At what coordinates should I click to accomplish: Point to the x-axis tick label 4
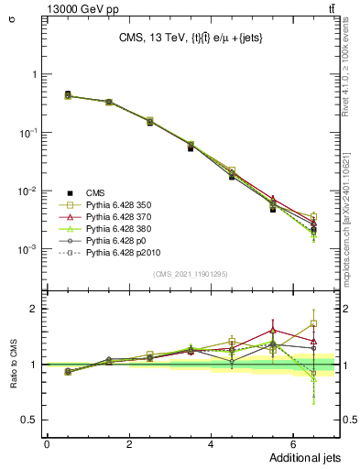pyautogui.click(x=211, y=443)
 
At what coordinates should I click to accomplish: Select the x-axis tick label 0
pyautogui.click(x=47, y=443)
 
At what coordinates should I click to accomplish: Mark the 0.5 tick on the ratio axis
pyautogui.click(x=29, y=420)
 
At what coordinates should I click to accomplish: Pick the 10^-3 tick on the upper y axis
pyautogui.click(x=27, y=250)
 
